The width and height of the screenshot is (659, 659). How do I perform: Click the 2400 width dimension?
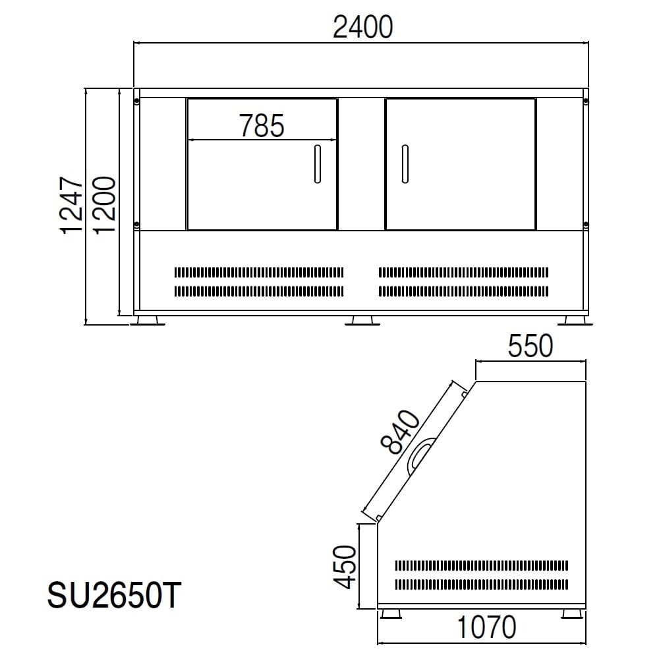[362, 27]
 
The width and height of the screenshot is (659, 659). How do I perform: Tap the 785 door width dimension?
[262, 126]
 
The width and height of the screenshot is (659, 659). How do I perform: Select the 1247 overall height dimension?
[71, 206]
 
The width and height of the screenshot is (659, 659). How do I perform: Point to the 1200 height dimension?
[104, 205]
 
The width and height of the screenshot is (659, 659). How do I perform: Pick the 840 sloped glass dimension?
[400, 432]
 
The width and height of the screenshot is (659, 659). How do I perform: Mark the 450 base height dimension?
[345, 567]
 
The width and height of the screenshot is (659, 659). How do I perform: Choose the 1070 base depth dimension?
[486, 627]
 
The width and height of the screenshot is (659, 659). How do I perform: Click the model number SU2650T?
[114, 595]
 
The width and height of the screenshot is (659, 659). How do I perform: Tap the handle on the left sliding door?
[318, 164]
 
